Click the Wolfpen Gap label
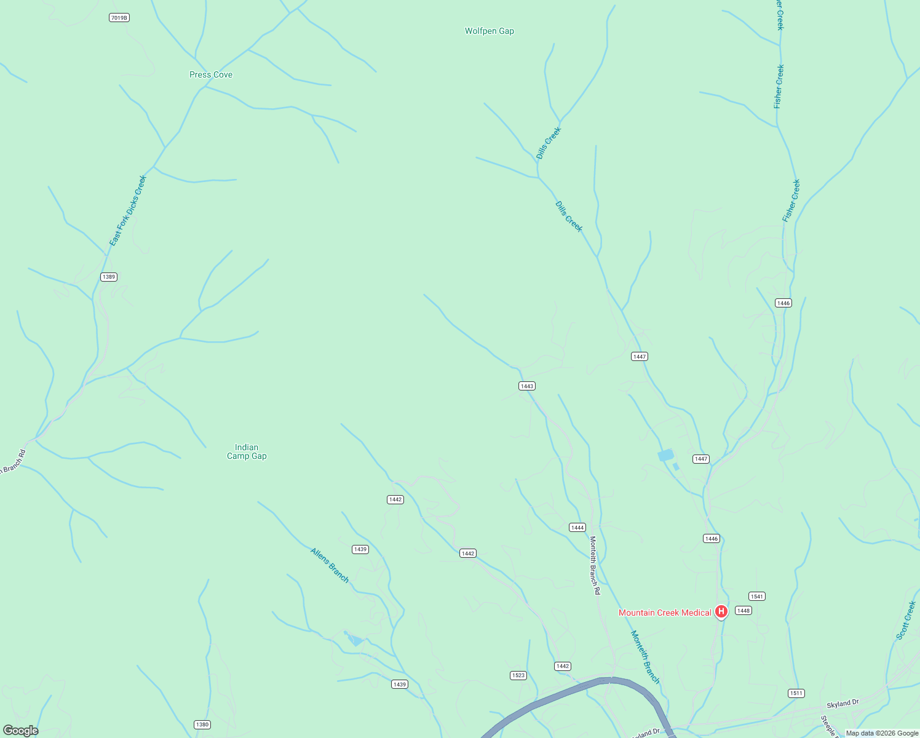pyautogui.click(x=489, y=31)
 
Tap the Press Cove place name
pyautogui.click(x=211, y=74)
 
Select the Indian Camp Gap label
pyautogui.click(x=247, y=451)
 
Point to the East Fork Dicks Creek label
pyautogui.click(x=128, y=211)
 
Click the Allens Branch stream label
pyautogui.click(x=330, y=565)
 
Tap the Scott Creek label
pyautogui.click(x=906, y=620)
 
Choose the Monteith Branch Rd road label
pyautogui.click(x=595, y=565)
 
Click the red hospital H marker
pyautogui.click(x=721, y=612)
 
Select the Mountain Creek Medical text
pyautogui.click(x=665, y=613)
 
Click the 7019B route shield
pyautogui.click(x=119, y=18)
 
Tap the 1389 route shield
pyautogui.click(x=109, y=277)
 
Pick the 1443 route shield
pyautogui.click(x=527, y=386)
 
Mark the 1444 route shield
pyautogui.click(x=577, y=528)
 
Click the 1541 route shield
pyautogui.click(x=756, y=597)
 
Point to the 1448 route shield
pyautogui.click(x=744, y=611)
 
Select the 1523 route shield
pyautogui.click(x=518, y=675)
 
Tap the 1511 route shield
pyautogui.click(x=796, y=693)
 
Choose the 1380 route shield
pyautogui.click(x=202, y=724)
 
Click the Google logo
pyautogui.click(x=21, y=731)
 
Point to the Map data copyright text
pyautogui.click(x=882, y=733)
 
